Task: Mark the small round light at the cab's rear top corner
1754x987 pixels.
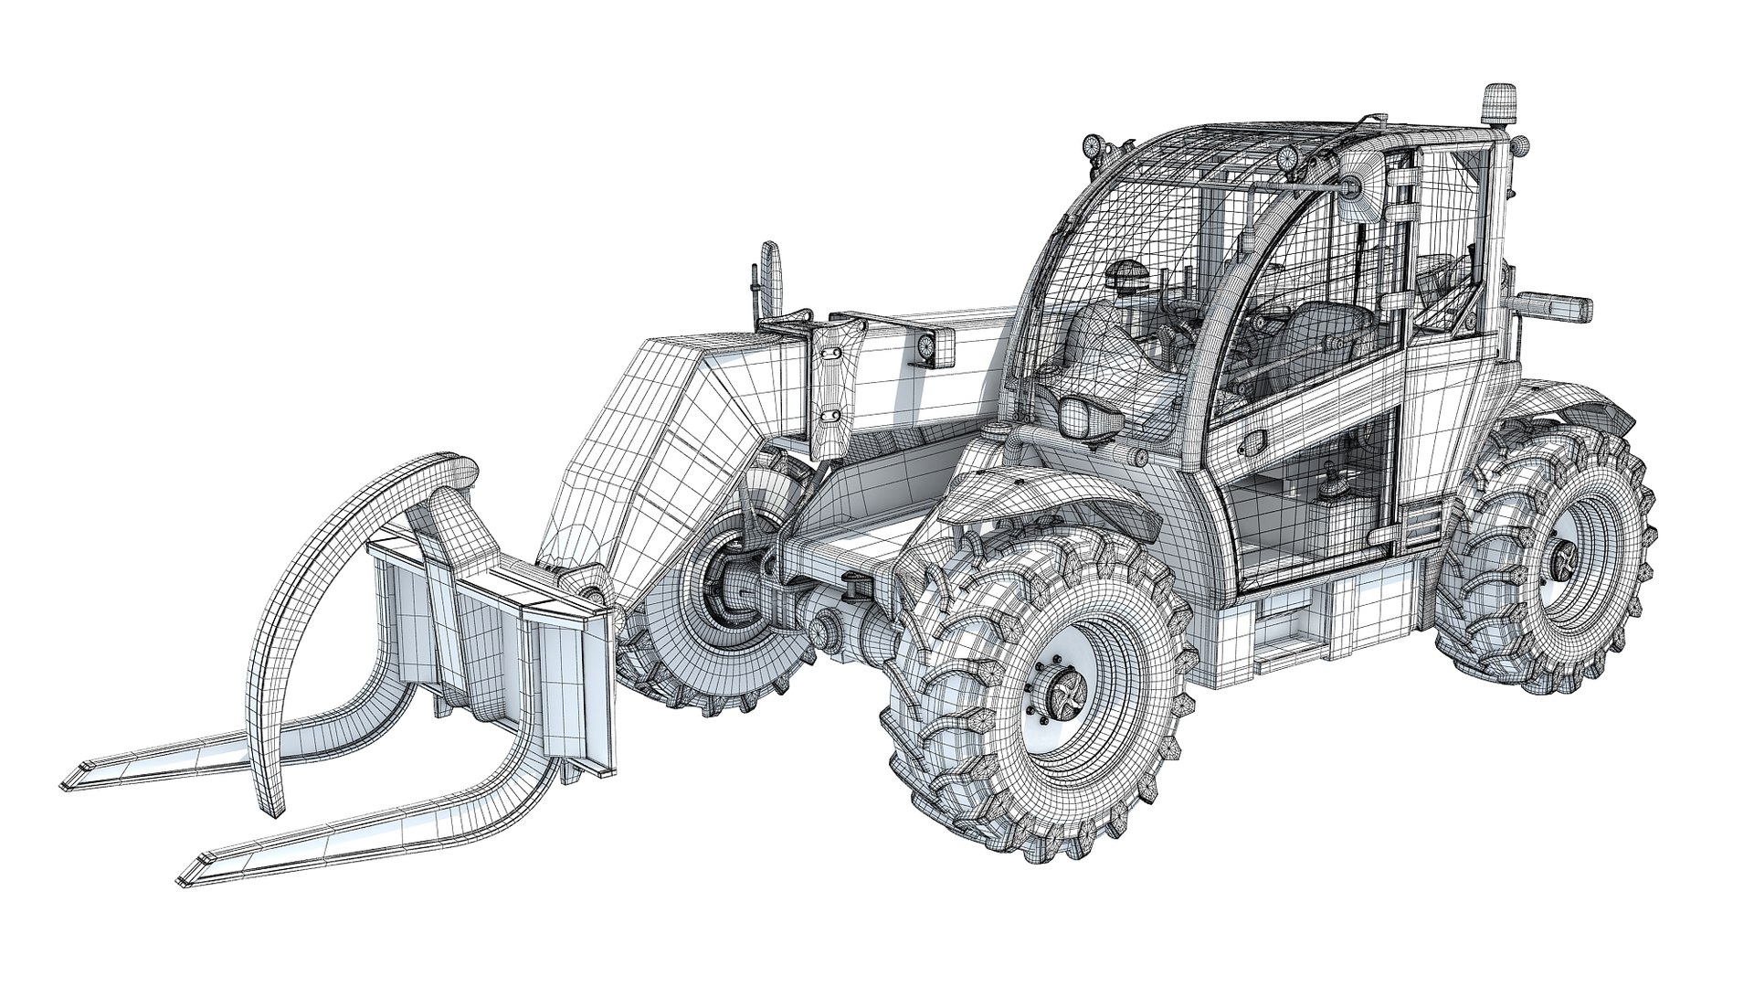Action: click(x=1522, y=143)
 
